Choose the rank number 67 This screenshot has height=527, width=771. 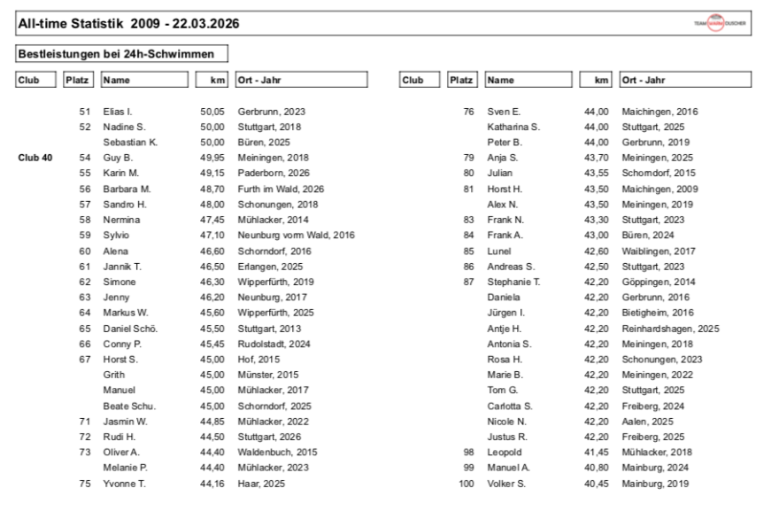(85, 359)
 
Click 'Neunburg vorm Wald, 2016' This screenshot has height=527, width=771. (296, 236)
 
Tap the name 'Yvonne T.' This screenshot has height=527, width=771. (124, 484)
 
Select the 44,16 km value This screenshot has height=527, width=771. (212, 484)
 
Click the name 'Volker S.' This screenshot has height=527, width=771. (506, 484)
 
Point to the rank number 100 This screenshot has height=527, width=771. (467, 484)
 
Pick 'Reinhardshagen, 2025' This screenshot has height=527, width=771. (670, 329)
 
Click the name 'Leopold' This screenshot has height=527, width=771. (504, 453)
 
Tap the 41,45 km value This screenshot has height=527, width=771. (596, 453)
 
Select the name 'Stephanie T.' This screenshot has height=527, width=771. (513, 282)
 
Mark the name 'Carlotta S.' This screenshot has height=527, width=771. (509, 406)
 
